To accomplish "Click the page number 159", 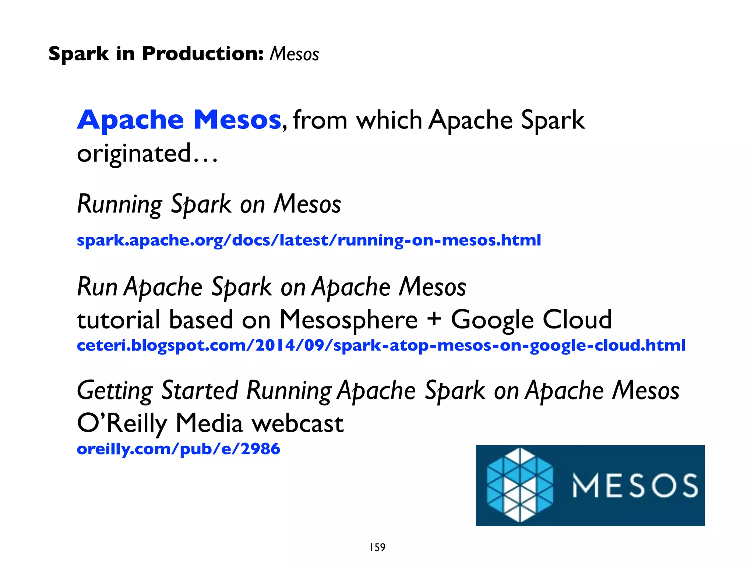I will [x=377, y=547].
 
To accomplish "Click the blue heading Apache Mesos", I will [x=179, y=120].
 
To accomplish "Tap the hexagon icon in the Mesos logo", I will [x=519, y=485].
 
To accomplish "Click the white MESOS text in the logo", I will [x=635, y=486].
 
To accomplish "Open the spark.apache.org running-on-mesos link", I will [x=309, y=240].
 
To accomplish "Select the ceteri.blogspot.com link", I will [x=381, y=345].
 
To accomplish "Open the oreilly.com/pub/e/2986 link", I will [x=178, y=449].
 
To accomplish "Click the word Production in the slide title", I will [x=203, y=54].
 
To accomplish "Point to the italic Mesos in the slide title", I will [x=294, y=54].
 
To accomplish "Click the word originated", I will [x=134, y=154].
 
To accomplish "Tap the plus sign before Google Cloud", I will [x=434, y=319].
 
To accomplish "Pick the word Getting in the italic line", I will [x=115, y=391].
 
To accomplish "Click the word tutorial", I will [x=118, y=319].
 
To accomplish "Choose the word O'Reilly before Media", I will [x=122, y=423].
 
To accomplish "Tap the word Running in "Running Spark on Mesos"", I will [x=120, y=204].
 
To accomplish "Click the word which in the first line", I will [x=389, y=120].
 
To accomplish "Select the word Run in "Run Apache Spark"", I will [x=97, y=287].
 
